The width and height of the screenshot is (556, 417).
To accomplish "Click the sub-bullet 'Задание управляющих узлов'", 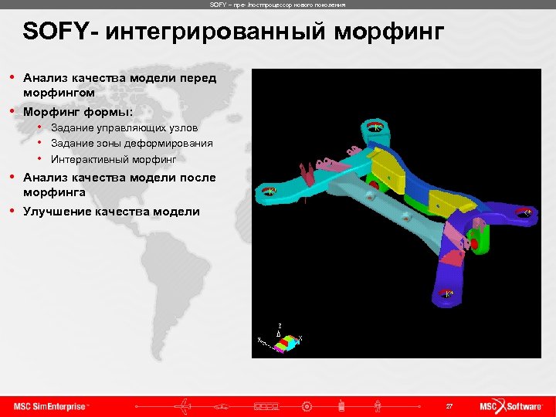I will pyautogui.click(x=124, y=127).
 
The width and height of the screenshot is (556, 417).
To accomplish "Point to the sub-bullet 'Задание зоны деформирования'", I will pyautogui.click(x=132, y=143).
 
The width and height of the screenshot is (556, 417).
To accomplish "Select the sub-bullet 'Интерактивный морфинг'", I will pyautogui.click(x=114, y=159).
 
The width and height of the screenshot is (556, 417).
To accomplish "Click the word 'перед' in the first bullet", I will pyautogui.click(x=198, y=78).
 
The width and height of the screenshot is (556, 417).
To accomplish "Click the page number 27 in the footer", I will pyautogui.click(x=449, y=405).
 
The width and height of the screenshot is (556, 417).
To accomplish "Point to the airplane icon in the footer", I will pyautogui.click(x=185, y=405).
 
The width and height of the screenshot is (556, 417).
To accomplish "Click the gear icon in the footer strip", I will pyautogui.click(x=307, y=405).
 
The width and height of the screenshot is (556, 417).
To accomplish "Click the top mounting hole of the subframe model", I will pyautogui.click(x=374, y=127).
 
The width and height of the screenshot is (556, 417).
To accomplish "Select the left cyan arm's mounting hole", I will pyautogui.click(x=268, y=190).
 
